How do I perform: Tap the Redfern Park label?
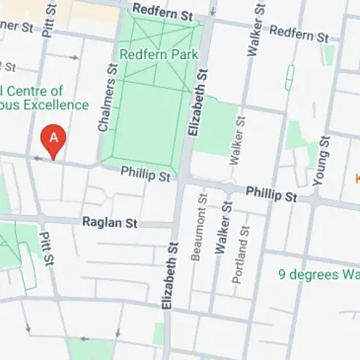pos(149,55)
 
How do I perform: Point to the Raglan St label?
pos(109,223)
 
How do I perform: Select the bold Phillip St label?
pos(271,195)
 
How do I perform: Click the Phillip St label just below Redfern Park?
pos(145,174)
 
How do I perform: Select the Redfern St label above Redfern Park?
pos(163,14)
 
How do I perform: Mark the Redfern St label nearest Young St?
pos(300,35)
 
